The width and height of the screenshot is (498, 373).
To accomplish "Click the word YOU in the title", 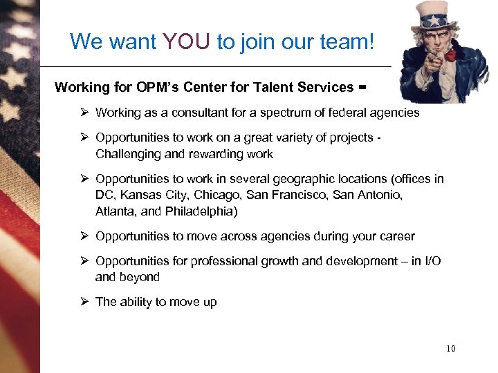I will [187, 42].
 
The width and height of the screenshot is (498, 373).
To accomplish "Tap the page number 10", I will [450, 349].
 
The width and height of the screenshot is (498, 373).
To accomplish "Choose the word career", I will [395, 236].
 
